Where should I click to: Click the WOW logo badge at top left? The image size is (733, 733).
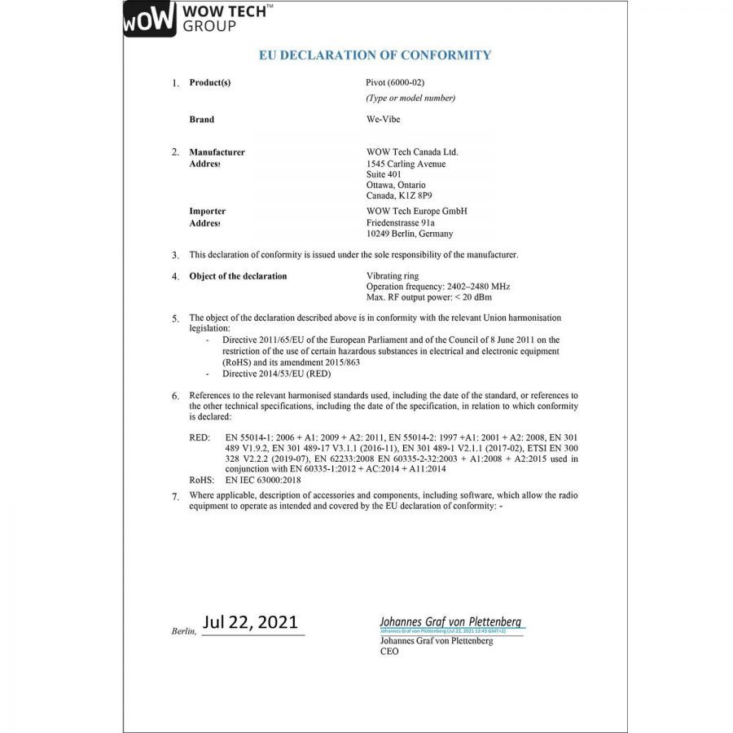pos(150,20)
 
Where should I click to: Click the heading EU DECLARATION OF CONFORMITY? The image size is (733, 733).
pos(375,55)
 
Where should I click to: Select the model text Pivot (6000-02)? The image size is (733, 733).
pos(396,82)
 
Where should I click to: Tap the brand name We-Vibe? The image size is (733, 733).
pos(384,120)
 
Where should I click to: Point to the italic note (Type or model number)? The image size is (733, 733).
pos(410,99)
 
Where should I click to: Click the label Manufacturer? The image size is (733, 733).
pos(217,152)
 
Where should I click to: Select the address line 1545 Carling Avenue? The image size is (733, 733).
pos(406,164)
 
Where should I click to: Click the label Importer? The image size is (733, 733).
pos(207,212)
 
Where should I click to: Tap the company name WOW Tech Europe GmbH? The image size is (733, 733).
pos(417,212)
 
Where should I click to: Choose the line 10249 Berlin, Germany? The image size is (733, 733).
pos(410,234)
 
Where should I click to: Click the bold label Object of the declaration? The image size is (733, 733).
pos(238,276)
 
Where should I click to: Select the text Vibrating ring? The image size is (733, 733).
pos(393,276)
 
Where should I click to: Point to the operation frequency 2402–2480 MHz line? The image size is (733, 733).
pos(439,287)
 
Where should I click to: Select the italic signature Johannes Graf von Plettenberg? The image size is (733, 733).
pos(450,621)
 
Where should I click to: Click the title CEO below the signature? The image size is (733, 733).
pos(389,652)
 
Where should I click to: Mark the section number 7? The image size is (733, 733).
pos(174,496)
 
